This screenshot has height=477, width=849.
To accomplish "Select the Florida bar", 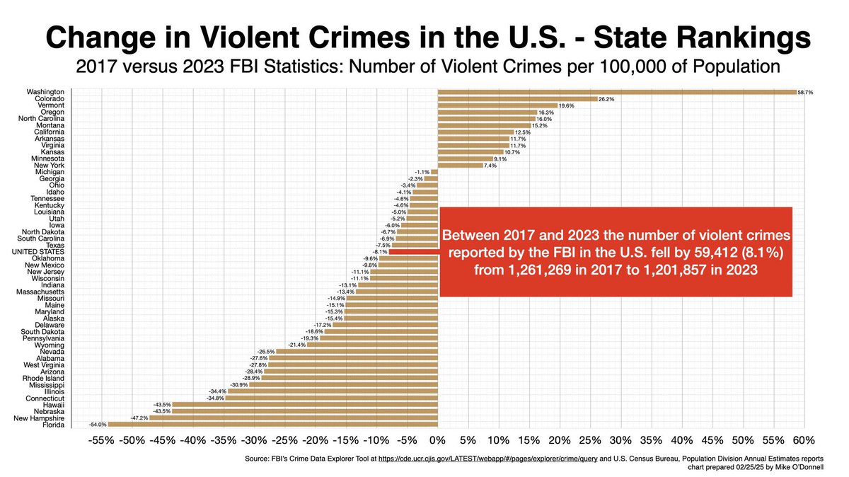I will (x=273, y=425).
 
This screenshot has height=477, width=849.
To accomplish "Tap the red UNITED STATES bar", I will (x=413, y=251).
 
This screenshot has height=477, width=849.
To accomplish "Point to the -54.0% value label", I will (x=98, y=425).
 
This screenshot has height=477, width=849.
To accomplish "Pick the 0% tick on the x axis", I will (x=438, y=440).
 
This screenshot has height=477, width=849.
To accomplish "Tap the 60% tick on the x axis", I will (x=804, y=440).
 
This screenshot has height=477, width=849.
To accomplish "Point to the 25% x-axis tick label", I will (x=590, y=440).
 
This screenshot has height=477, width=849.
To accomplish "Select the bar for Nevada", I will (x=357, y=351).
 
